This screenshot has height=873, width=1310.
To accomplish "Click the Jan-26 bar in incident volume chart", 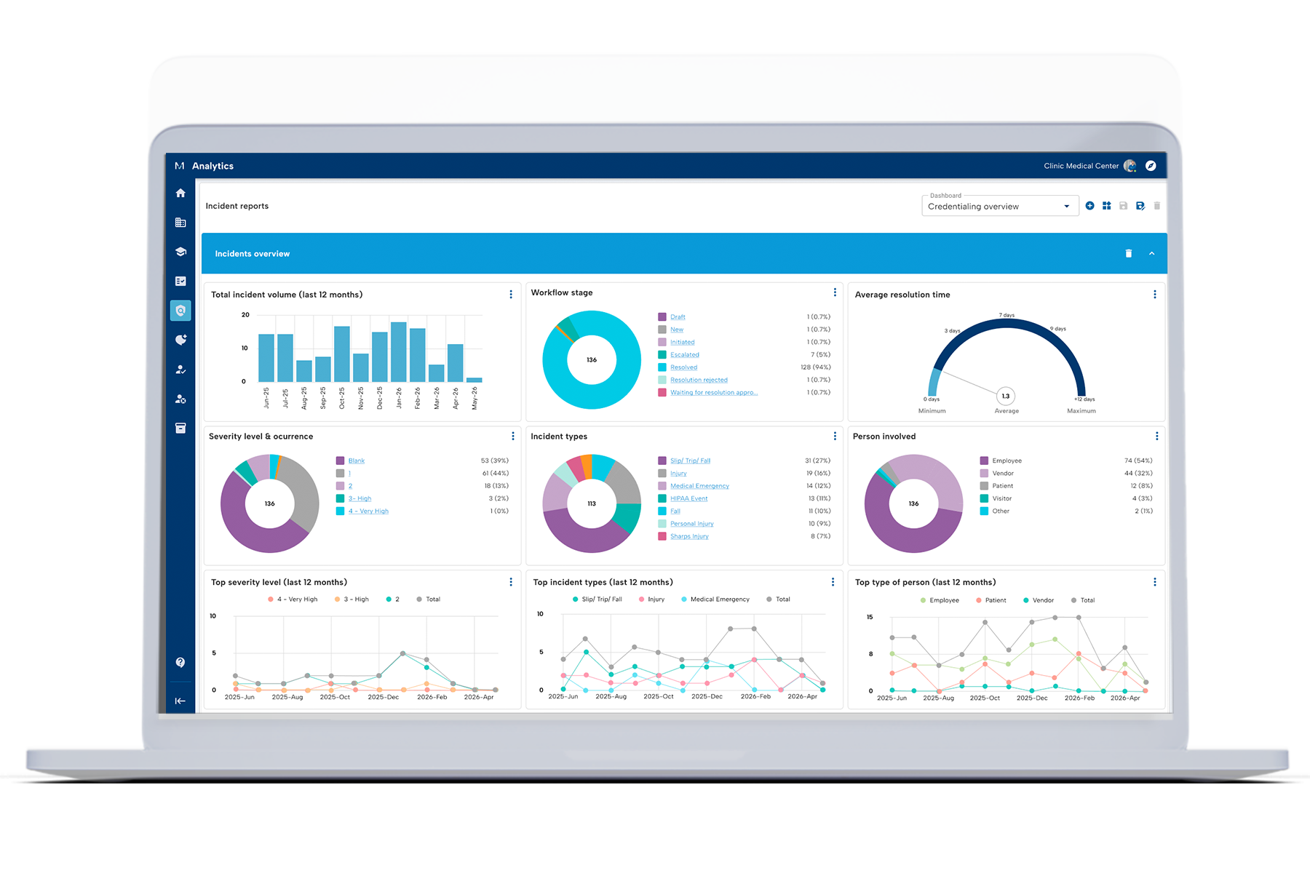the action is click(x=399, y=352).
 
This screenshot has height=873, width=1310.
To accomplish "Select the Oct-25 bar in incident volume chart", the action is click(x=342, y=354).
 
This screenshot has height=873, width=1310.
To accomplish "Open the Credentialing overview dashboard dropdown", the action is click(x=999, y=206).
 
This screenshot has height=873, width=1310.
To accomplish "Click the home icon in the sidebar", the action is click(x=180, y=193).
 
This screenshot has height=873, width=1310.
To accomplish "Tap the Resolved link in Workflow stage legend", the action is click(x=683, y=367).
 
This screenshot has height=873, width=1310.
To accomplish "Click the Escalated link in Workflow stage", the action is click(x=684, y=355).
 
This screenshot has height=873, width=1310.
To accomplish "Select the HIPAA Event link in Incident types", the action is click(x=688, y=498).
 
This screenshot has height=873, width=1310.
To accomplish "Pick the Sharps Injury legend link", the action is click(x=689, y=536).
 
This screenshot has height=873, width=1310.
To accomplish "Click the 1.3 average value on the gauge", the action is click(x=1006, y=396).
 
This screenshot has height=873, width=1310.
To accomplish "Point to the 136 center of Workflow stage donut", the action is click(x=592, y=360).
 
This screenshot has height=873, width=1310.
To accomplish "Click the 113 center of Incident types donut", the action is click(x=592, y=503).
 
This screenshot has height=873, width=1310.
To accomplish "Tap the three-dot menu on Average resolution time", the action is click(x=1154, y=295).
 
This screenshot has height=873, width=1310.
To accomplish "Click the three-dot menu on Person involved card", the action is click(x=1156, y=436).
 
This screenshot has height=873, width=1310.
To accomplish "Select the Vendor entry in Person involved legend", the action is click(x=1002, y=474).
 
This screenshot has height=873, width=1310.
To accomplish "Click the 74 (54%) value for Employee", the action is click(x=1138, y=461).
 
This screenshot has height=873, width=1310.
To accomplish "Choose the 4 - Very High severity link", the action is click(x=368, y=511).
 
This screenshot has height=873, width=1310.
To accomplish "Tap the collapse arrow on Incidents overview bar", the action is click(x=1151, y=254).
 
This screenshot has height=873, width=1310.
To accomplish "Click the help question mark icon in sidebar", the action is click(x=180, y=662).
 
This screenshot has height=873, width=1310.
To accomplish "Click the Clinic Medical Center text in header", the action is click(x=1081, y=166).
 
